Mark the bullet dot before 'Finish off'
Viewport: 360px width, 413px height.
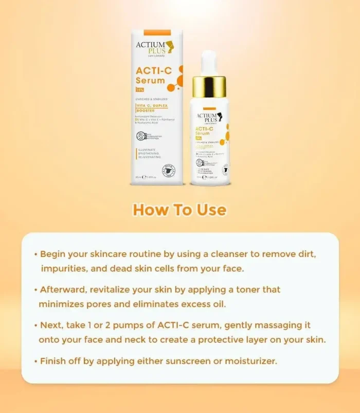coord(35,361)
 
